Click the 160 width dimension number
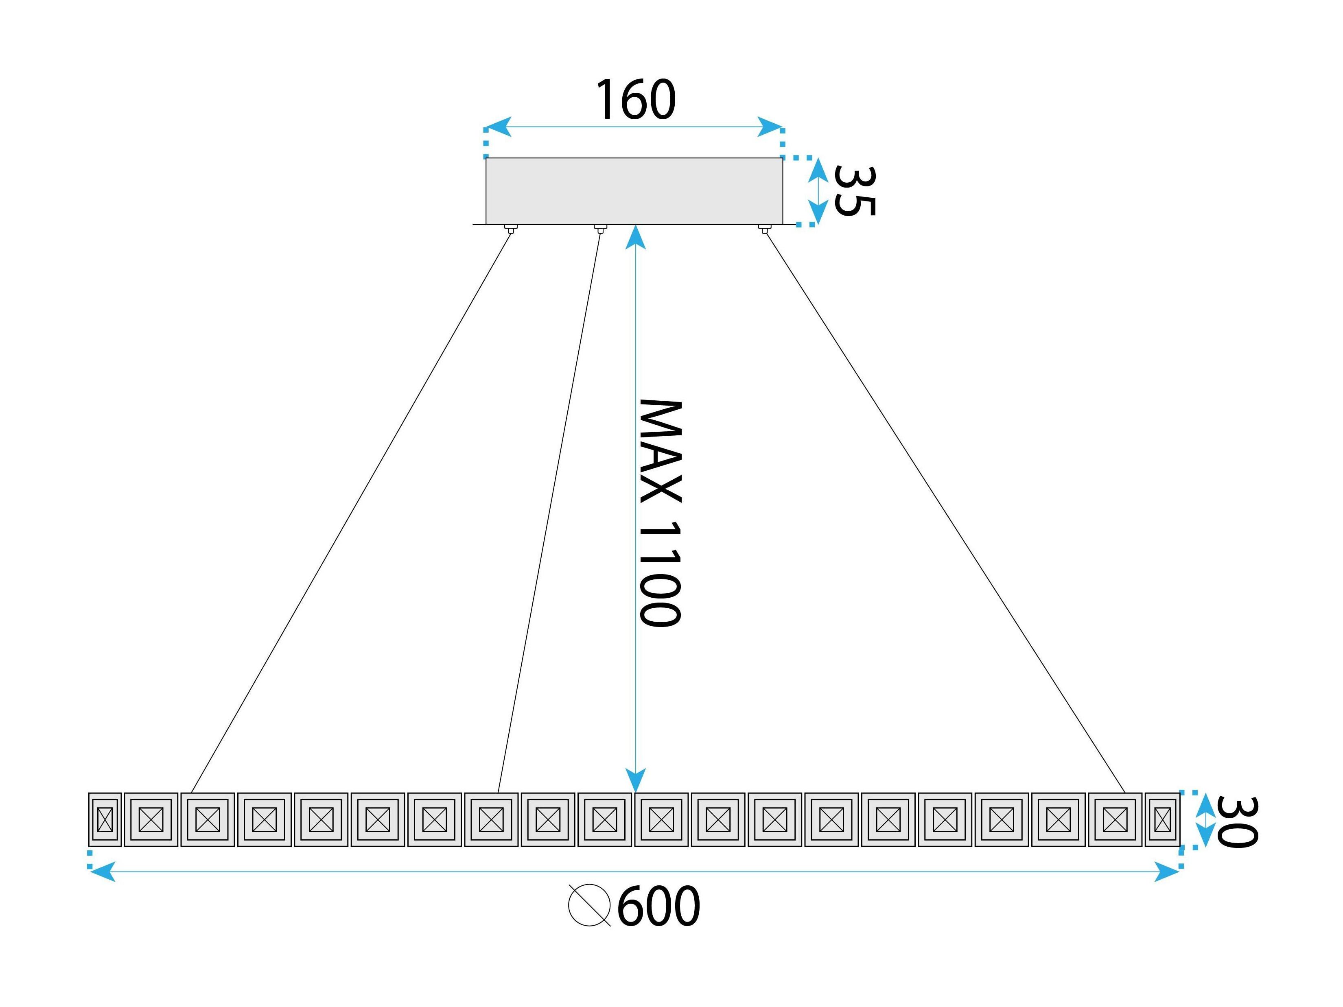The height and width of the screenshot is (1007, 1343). point(636,100)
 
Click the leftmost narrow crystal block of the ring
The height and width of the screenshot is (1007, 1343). point(105,819)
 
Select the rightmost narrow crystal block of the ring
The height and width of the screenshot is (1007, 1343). point(1162,819)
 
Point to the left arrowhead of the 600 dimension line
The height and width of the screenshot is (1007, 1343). point(102,872)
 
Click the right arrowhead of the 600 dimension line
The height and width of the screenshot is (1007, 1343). point(1166,872)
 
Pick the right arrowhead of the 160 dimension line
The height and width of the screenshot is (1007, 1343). point(770,127)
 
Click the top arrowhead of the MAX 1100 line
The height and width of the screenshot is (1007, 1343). point(635,237)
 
